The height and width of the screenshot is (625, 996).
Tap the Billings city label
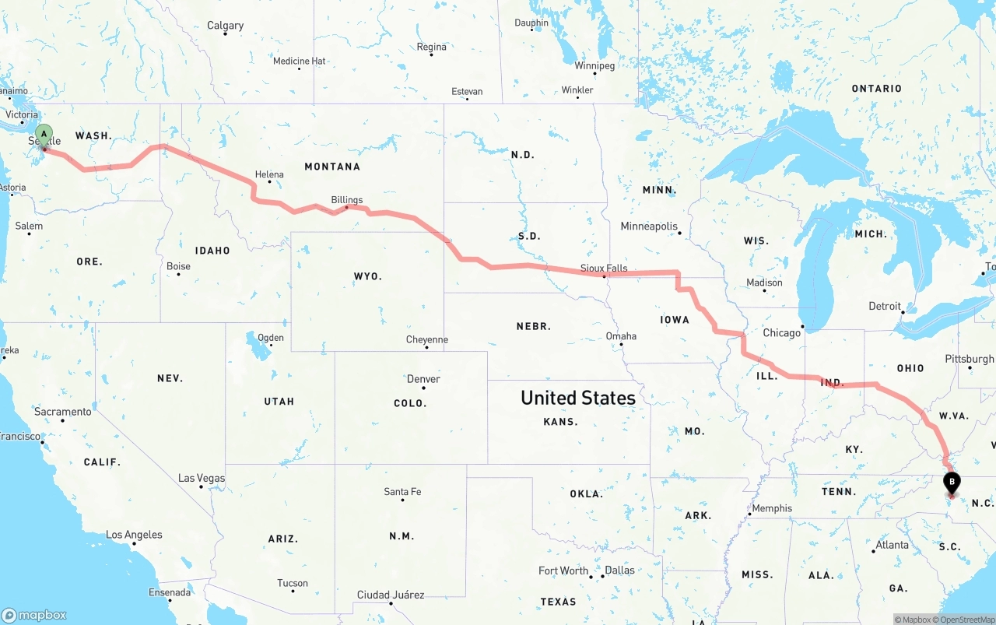point(347,200)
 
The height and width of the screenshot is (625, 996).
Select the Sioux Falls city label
point(604,269)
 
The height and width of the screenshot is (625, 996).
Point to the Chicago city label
point(781,333)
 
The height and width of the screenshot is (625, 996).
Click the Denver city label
point(423,379)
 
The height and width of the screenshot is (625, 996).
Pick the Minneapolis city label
point(649,226)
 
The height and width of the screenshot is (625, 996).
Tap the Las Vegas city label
point(202,478)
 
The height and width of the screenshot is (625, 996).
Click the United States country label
point(578,398)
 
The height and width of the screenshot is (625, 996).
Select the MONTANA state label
point(332,167)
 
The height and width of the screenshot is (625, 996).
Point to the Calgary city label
point(225,26)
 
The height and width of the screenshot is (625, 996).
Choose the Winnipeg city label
point(594,65)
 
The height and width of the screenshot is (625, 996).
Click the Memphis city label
point(772,508)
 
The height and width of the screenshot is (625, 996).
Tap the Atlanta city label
point(892,545)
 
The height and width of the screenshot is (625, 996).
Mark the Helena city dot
point(269,182)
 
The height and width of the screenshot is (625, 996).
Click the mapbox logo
point(34,615)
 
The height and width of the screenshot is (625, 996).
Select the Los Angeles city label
point(134,535)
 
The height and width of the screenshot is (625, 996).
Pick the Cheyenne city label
point(427,339)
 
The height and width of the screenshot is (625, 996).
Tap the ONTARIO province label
point(876,89)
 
